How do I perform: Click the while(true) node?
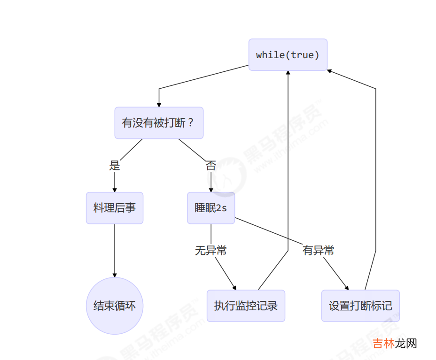[x=288, y=55]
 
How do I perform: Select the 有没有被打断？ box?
[x=159, y=123]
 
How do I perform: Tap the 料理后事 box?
[x=115, y=208]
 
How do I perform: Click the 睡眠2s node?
[x=211, y=208]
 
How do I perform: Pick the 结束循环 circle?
[x=115, y=306]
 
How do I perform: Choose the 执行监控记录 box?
[x=246, y=306]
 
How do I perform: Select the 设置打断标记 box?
[x=360, y=306]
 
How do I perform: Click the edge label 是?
[x=115, y=166]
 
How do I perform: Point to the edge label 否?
[x=210, y=166]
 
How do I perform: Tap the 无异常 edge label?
[x=210, y=251]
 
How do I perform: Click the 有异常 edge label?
[x=318, y=251]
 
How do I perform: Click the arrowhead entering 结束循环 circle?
[x=115, y=275]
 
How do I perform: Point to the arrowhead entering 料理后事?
[x=115, y=189]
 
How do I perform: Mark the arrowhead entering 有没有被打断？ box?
[x=159, y=104]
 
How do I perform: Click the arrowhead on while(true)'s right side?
[x=330, y=71]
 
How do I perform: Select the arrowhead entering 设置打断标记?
[x=347, y=288]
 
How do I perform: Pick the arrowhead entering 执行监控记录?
[x=234, y=288]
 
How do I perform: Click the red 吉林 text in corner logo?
[x=383, y=344]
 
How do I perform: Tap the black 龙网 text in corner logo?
[x=405, y=344]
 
